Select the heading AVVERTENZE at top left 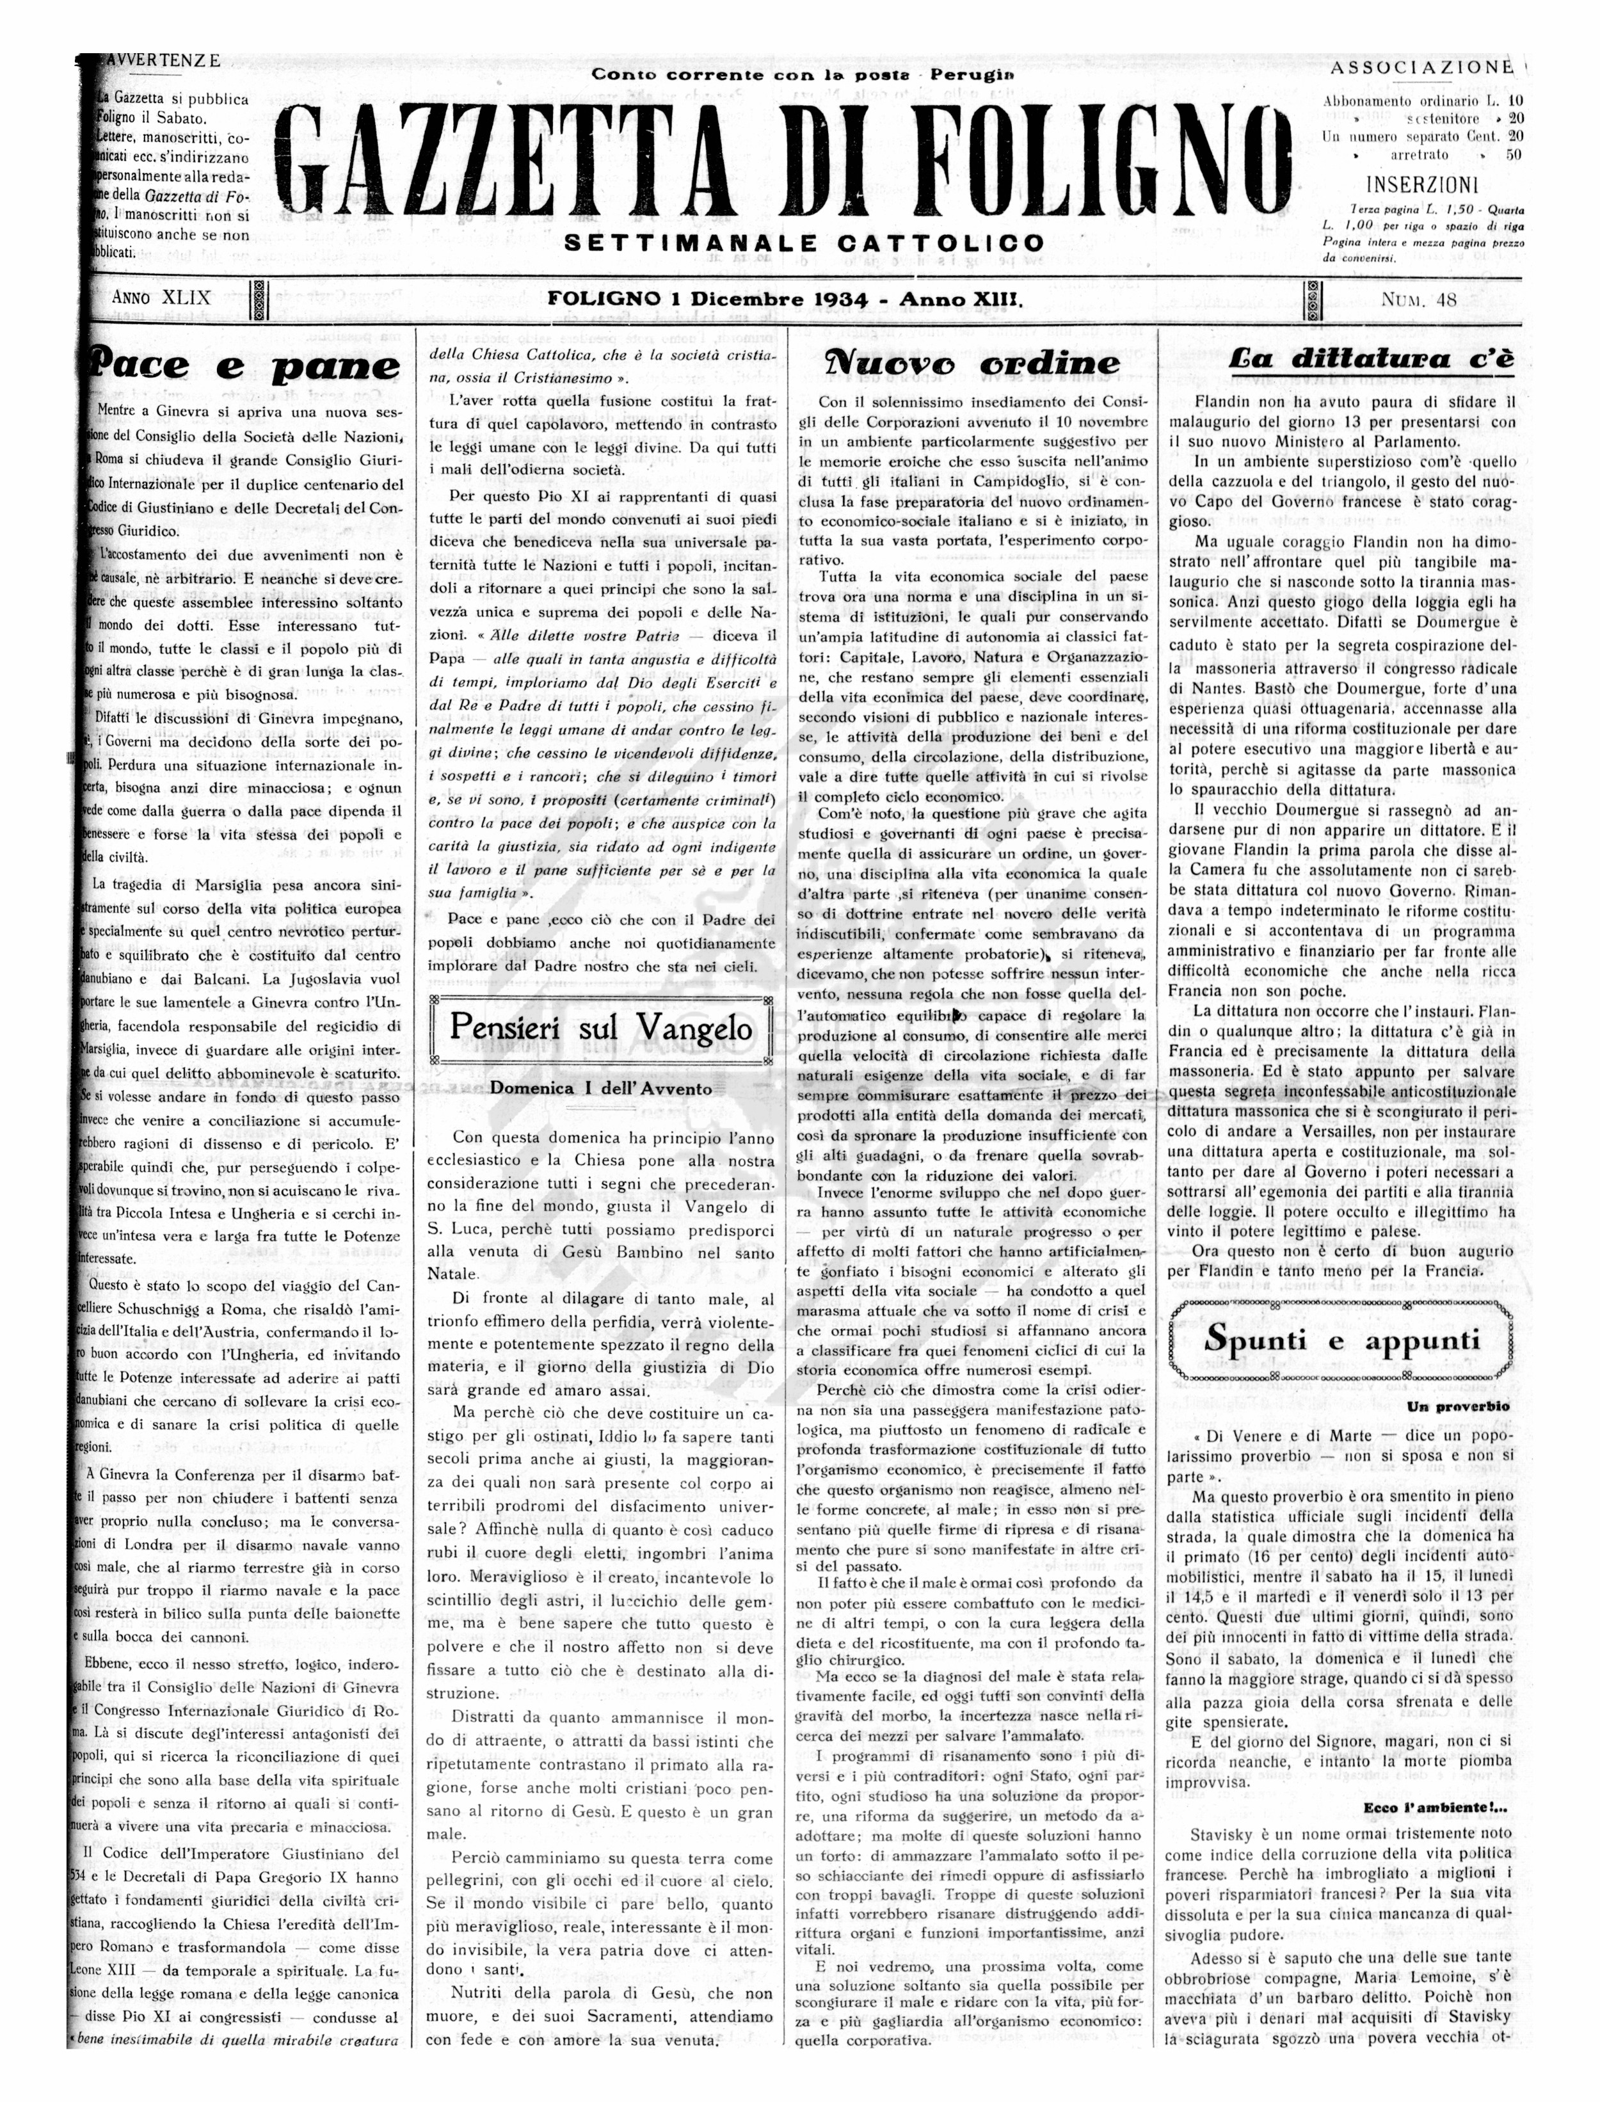click(x=162, y=61)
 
